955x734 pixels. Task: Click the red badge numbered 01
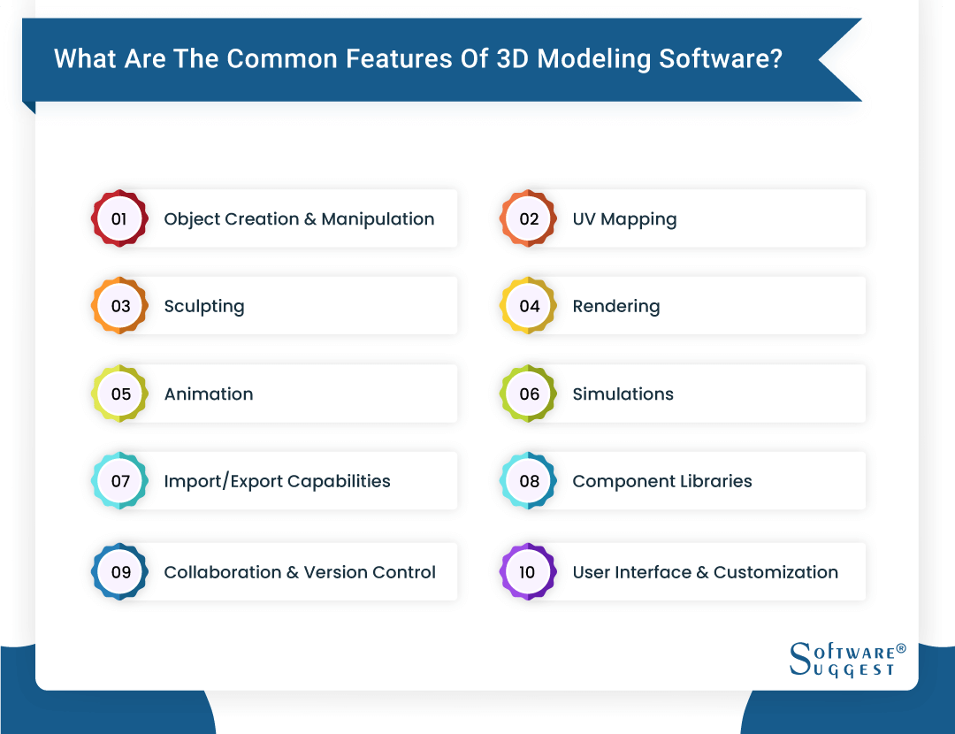pyautogui.click(x=119, y=218)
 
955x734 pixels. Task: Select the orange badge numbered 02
pyautogui.click(x=529, y=218)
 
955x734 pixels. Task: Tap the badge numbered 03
pyautogui.click(x=119, y=306)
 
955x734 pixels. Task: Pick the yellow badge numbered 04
pyautogui.click(x=529, y=306)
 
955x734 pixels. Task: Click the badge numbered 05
pyautogui.click(x=119, y=394)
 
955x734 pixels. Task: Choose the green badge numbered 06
pyautogui.click(x=529, y=394)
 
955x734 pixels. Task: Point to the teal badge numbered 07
pyautogui.click(x=119, y=481)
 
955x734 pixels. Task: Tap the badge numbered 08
pyautogui.click(x=529, y=481)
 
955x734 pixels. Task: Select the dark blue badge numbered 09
pyautogui.click(x=119, y=572)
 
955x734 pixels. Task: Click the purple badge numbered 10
pyautogui.click(x=529, y=572)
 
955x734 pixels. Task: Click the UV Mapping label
pyautogui.click(x=624, y=219)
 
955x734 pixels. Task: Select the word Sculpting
pyautogui.click(x=204, y=307)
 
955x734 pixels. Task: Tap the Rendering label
pyautogui.click(x=616, y=307)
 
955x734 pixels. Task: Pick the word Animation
pyautogui.click(x=209, y=394)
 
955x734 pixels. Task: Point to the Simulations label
pyautogui.click(x=623, y=394)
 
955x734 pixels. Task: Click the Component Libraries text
pyautogui.click(x=662, y=482)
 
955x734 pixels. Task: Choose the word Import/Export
pyautogui.click(x=218, y=482)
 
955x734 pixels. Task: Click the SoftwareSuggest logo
pyautogui.click(x=846, y=660)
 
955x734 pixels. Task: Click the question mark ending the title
pyautogui.click(x=775, y=59)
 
